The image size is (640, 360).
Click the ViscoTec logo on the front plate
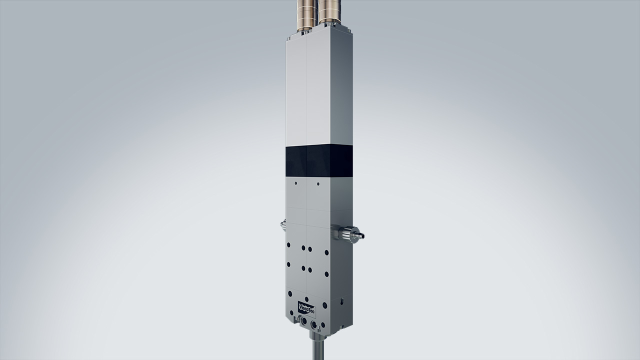306,307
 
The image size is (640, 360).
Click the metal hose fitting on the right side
349,233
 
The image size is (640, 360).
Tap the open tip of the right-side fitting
362,235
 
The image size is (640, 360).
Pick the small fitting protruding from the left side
283,226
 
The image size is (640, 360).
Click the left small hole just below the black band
296,183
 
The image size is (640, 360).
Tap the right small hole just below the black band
317,183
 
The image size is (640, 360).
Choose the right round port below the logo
314,325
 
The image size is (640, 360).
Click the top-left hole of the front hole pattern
288,245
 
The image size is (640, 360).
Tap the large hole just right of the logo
325,305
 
